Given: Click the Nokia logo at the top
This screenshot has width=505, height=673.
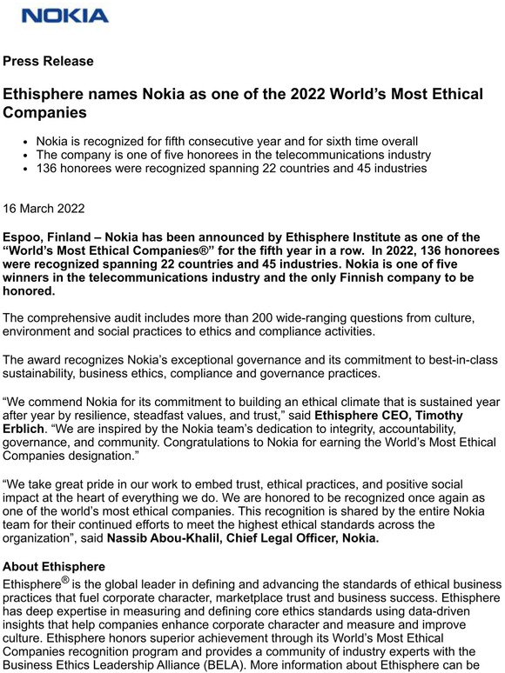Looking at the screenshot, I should (65, 16).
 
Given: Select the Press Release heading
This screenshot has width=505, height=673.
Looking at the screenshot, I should (49, 62).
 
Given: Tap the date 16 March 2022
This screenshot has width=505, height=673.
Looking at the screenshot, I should (51, 210).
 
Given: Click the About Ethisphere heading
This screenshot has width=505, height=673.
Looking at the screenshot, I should (54, 566).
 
